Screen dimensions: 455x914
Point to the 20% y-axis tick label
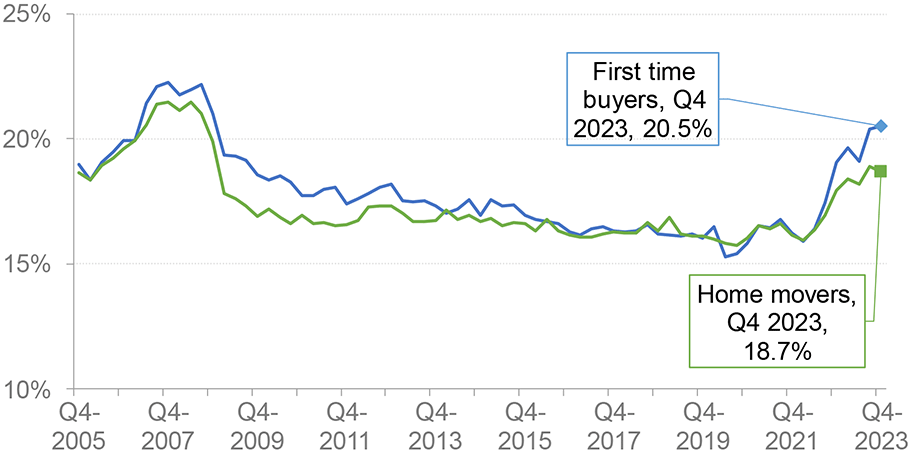point(29,139)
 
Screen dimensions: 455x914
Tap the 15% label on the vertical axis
point(29,265)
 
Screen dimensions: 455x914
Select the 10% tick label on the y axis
point(29,390)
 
